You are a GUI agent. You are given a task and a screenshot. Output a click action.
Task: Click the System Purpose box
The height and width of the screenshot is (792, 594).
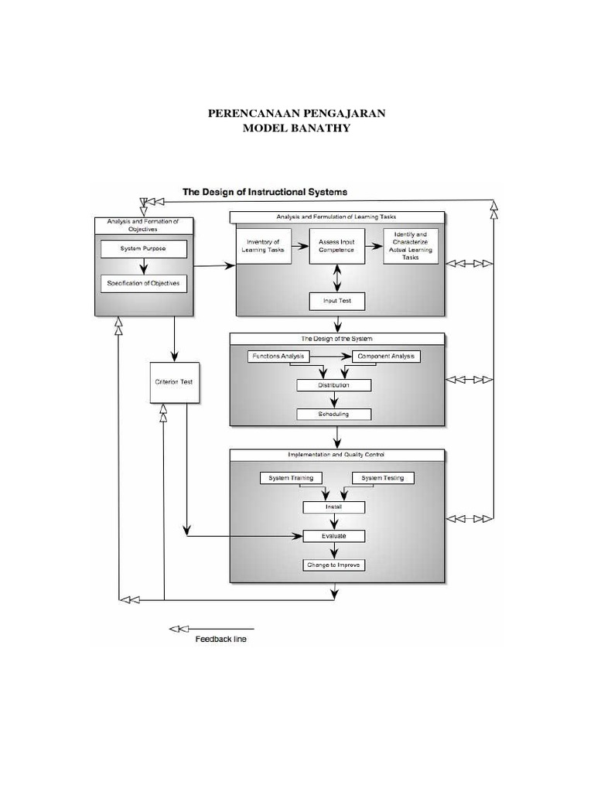[143, 249]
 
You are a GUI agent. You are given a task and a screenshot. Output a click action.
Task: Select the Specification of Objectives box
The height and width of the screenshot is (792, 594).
[143, 284]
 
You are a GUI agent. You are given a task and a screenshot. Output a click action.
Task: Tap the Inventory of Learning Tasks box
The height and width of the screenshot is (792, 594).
[263, 246]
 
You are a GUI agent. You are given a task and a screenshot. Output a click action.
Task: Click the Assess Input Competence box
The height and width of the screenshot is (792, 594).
[336, 246]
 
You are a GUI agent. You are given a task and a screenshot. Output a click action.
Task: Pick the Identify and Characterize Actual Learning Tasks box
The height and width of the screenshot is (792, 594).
[411, 246]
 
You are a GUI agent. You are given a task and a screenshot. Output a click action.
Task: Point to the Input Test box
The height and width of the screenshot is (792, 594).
[336, 301]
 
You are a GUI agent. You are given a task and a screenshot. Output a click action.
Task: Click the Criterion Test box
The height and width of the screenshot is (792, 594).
[175, 382]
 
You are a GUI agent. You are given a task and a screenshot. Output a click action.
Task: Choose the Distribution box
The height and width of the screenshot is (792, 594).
[334, 385]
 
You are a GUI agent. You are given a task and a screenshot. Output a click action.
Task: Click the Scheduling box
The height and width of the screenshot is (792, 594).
[334, 414]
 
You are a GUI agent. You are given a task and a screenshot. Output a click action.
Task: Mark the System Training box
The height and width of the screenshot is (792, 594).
[291, 478]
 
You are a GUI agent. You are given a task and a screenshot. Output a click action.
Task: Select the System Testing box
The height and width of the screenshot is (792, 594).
[383, 478]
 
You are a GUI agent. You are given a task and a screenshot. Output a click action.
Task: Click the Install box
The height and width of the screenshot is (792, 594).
[334, 507]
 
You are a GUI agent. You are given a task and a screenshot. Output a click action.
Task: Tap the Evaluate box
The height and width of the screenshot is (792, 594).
[334, 535]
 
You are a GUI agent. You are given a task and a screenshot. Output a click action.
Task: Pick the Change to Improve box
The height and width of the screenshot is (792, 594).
[334, 565]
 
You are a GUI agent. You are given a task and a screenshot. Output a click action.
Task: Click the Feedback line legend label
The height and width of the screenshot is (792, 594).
[221, 639]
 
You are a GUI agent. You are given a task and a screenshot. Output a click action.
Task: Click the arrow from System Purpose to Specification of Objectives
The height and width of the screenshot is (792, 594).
[143, 267]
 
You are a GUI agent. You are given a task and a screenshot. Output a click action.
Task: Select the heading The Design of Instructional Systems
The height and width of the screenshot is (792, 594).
[265, 191]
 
